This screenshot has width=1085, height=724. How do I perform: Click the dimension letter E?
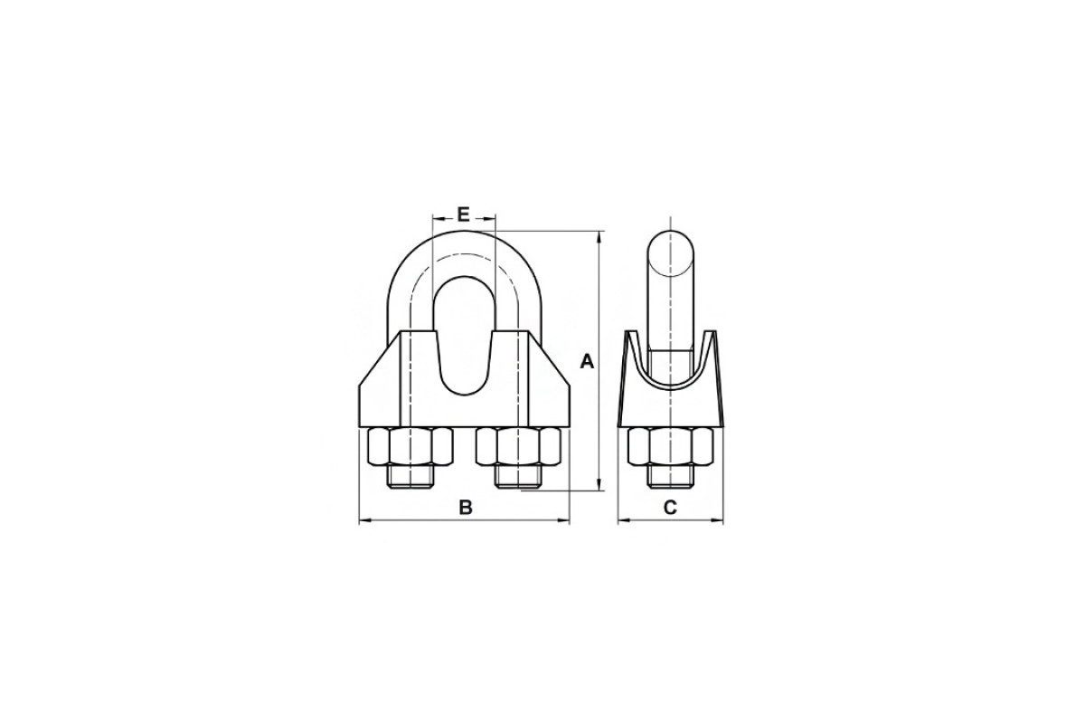(464, 214)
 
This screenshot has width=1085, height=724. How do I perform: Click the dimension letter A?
(587, 361)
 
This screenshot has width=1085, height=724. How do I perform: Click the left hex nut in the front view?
(410, 445)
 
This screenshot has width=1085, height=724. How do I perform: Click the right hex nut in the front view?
(518, 445)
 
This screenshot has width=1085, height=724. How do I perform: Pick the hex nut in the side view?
(670, 445)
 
